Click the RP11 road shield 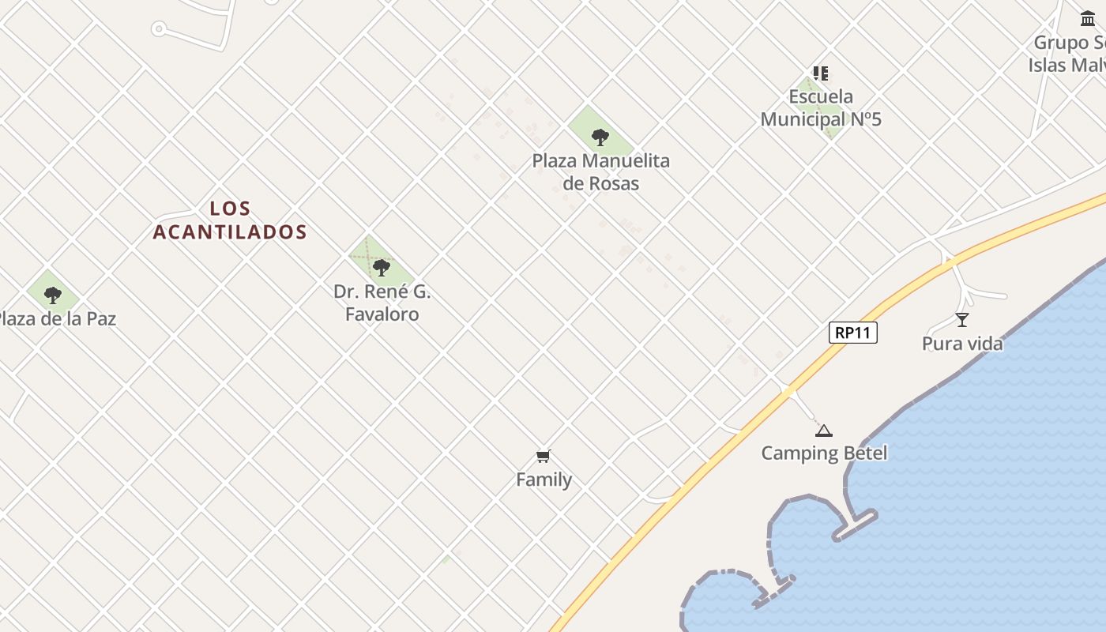point(853,333)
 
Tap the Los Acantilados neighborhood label point(230,220)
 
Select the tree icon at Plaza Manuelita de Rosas point(600,137)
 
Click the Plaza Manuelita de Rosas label point(600,172)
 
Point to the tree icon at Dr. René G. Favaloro point(382,268)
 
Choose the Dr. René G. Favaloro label point(382,303)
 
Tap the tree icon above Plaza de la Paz point(53,295)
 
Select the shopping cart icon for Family point(543,456)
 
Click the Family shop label point(544,480)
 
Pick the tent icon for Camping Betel point(824,431)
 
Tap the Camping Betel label point(824,453)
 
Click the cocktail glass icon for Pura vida point(962,320)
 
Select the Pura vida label point(962,344)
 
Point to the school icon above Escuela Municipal point(821,73)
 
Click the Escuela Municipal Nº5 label point(821,108)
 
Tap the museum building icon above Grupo point(1088,18)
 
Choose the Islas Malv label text point(1066,65)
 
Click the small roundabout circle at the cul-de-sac point(159,30)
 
